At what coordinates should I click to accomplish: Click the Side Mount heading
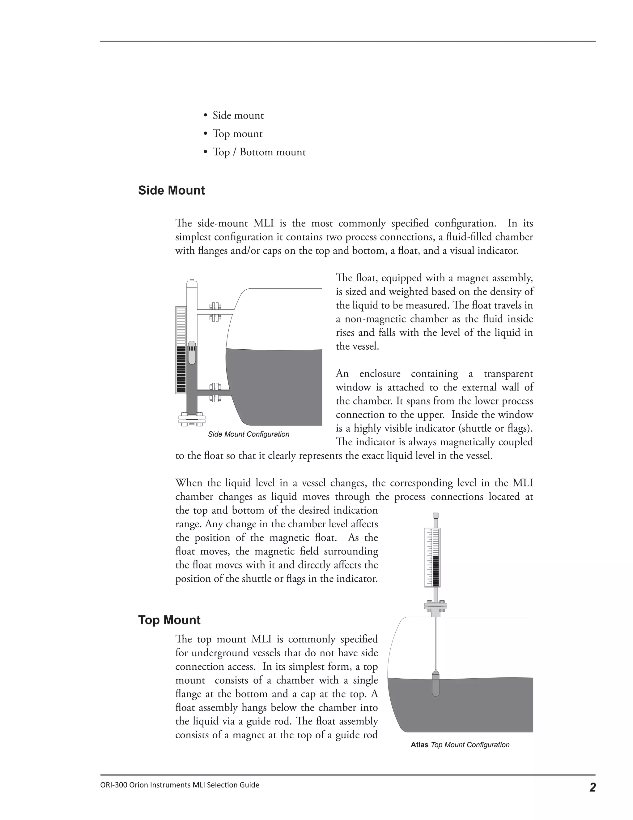[171, 190]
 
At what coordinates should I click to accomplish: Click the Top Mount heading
[169, 620]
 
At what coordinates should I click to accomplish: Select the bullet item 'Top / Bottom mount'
[259, 152]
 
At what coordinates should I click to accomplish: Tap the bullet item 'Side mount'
[238, 115]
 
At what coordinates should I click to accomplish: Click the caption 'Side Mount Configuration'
[249, 434]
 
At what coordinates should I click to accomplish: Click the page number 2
[592, 787]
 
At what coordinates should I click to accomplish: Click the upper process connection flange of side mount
[215, 312]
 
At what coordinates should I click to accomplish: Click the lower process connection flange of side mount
[215, 392]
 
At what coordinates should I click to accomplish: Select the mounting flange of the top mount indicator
[435, 606]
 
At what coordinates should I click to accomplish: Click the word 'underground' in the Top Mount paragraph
[211, 653]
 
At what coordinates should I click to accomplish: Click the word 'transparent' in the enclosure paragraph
[508, 374]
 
